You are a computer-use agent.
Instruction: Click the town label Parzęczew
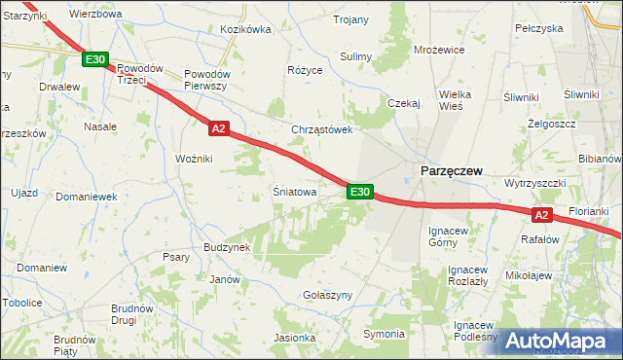click(452, 170)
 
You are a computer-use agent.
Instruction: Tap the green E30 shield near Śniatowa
click(359, 192)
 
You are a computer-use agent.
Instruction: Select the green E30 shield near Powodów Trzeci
click(94, 60)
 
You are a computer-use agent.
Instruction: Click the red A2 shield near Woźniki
click(218, 127)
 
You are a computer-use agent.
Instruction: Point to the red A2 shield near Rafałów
click(542, 215)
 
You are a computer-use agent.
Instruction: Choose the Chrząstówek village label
click(321, 129)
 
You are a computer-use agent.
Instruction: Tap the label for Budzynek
click(228, 247)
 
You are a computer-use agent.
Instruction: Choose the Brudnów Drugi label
click(131, 313)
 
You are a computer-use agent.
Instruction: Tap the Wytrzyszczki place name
click(535, 184)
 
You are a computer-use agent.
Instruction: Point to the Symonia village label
click(384, 334)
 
